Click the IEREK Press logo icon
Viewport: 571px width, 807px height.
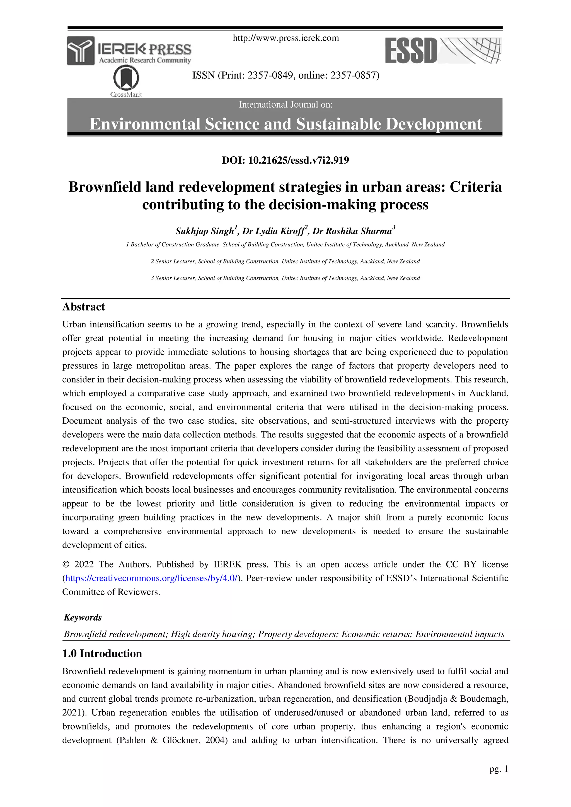point(81,51)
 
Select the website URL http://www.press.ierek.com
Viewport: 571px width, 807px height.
point(285,38)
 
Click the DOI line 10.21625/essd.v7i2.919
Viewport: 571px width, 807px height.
point(285,160)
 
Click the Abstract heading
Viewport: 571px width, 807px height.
point(83,307)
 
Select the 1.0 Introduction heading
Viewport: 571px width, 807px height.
point(102,653)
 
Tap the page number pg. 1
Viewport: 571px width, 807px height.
point(499,769)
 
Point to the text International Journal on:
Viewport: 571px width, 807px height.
point(285,105)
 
